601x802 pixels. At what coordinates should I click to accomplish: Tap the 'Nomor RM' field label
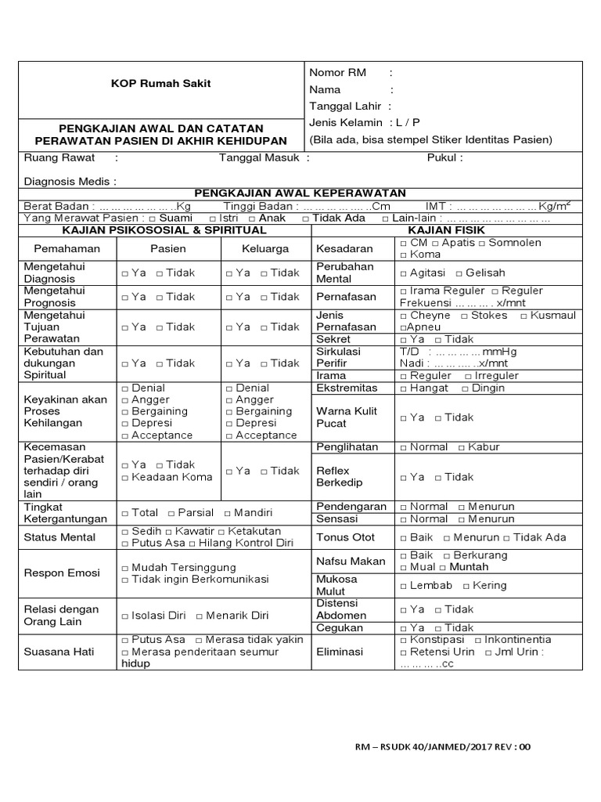click(337, 72)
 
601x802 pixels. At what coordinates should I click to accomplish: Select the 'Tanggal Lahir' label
click(345, 106)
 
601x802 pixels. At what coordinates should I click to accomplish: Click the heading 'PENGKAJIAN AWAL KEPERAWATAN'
click(300, 193)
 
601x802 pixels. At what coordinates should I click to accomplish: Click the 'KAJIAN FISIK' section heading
click(446, 230)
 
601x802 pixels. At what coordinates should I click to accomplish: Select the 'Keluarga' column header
click(266, 248)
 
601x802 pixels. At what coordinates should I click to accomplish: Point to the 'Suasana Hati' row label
click(59, 651)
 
